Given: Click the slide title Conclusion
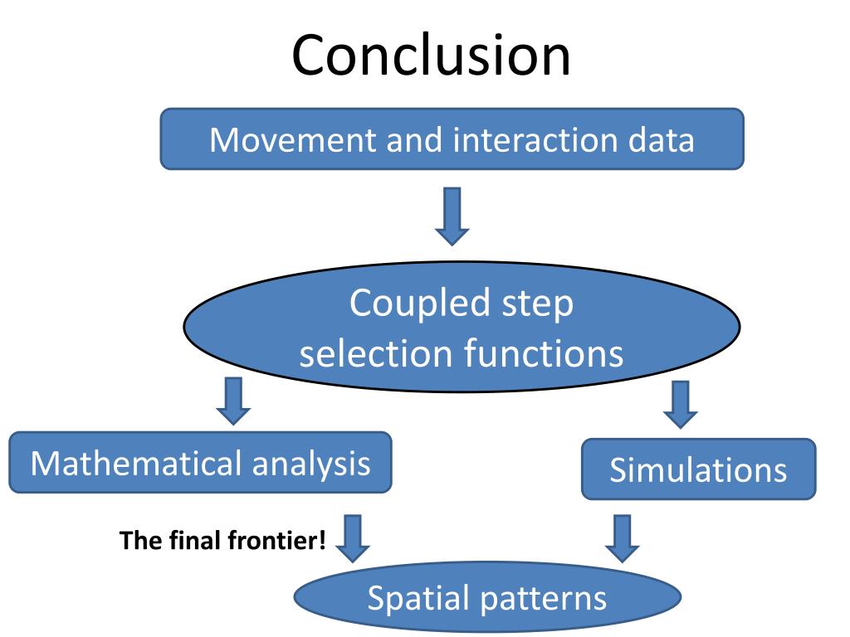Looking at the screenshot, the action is point(431,56).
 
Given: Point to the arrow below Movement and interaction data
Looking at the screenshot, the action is point(452,216).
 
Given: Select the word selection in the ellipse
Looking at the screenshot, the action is point(376,353).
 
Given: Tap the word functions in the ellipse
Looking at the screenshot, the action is point(543,353).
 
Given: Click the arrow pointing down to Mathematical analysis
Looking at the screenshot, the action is point(233,401).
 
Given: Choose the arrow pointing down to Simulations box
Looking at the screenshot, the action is point(681,405).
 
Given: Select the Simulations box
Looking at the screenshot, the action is point(699,469).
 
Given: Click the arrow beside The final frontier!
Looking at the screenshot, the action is point(352,538).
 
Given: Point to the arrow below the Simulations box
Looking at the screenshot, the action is point(622,538).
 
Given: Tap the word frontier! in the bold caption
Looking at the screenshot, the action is point(277,540).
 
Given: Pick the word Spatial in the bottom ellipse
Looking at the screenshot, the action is point(418,599).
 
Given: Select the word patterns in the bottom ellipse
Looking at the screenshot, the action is point(543,599).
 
